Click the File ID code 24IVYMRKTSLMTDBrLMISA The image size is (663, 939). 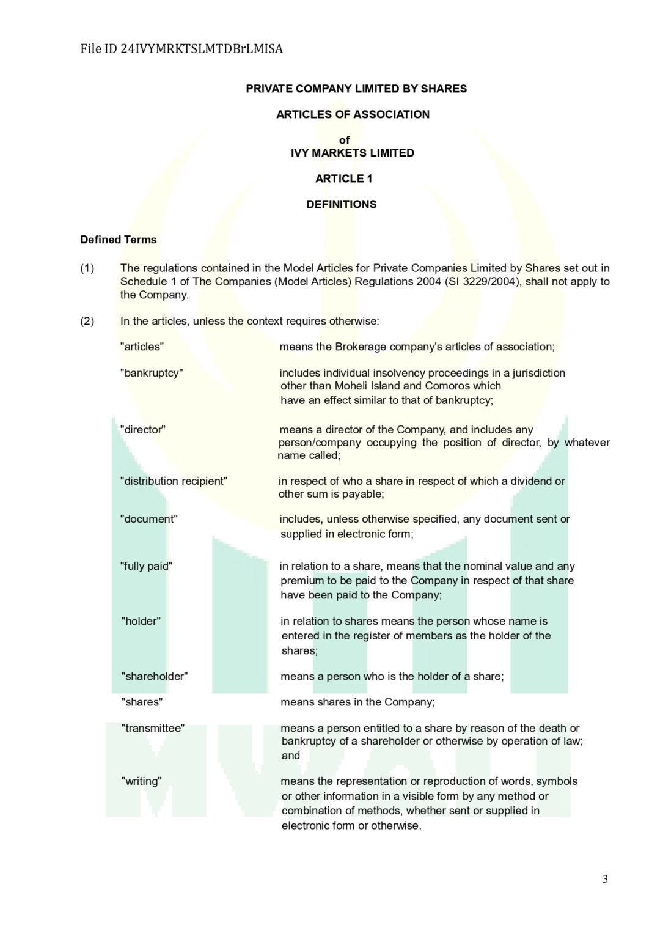pyautogui.click(x=202, y=49)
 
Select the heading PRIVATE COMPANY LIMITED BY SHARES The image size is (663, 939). pyautogui.click(x=356, y=89)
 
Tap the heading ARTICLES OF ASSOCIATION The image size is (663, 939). pyautogui.click(x=353, y=114)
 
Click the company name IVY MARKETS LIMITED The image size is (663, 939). pyautogui.click(x=352, y=153)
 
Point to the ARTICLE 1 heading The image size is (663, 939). pyautogui.click(x=343, y=179)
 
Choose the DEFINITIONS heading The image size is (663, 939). pyautogui.click(x=341, y=204)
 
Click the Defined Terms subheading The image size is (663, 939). pyautogui.click(x=119, y=240)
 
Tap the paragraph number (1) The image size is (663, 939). pyautogui.click(x=87, y=268)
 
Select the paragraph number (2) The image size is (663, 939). pyautogui.click(x=87, y=321)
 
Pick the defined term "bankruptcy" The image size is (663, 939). pyautogui.click(x=152, y=373)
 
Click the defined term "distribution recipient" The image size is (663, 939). pyautogui.click(x=174, y=481)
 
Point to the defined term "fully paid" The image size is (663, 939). pyautogui.click(x=146, y=566)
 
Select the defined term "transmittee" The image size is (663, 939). pyautogui.click(x=153, y=728)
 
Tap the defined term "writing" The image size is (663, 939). pyautogui.click(x=141, y=781)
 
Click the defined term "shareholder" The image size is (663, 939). pyautogui.click(x=154, y=676)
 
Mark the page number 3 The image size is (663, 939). pyautogui.click(x=605, y=879)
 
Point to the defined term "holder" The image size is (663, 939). pyautogui.click(x=141, y=621)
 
